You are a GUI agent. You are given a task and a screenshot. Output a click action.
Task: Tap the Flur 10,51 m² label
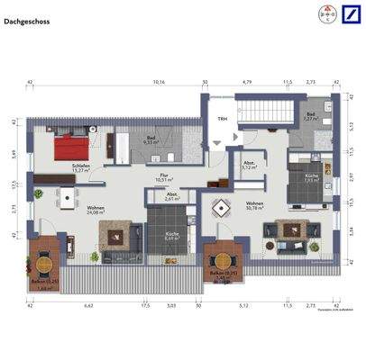[164, 178]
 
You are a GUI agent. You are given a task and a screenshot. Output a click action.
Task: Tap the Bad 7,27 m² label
[311, 117]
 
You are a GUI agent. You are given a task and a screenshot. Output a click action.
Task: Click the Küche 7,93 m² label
[309, 176]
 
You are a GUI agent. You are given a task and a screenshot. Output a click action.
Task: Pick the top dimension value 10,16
[159, 82]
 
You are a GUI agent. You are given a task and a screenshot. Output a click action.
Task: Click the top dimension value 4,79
[245, 82]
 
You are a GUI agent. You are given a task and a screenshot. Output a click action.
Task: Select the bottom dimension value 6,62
[89, 306]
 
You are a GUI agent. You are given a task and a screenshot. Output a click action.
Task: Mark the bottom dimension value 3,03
[171, 306]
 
